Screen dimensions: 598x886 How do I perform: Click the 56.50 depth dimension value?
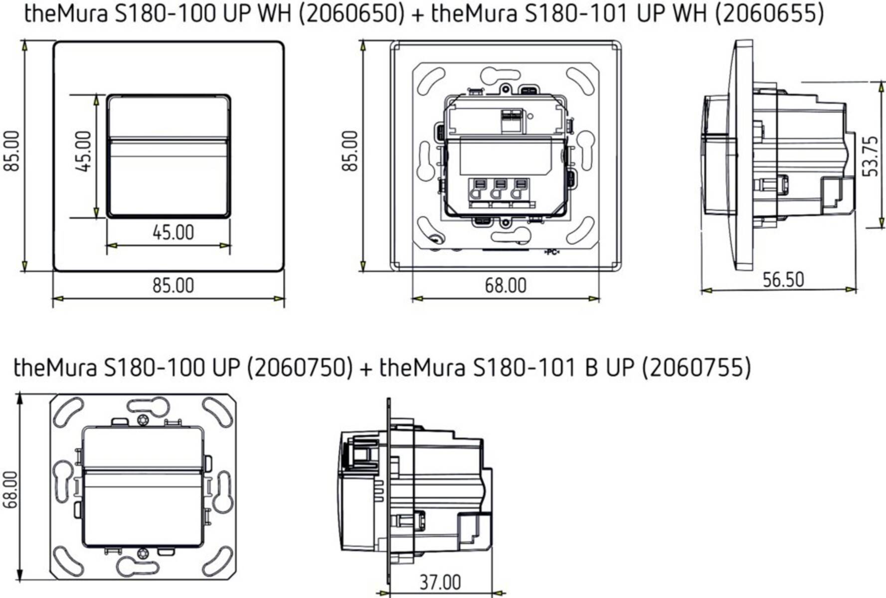click(783, 280)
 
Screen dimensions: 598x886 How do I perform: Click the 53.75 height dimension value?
click(870, 156)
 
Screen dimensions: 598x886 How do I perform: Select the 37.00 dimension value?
click(440, 582)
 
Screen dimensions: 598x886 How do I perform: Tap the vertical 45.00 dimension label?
click(84, 151)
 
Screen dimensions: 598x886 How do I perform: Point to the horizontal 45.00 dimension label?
click(173, 233)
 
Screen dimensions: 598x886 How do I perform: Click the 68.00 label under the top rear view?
click(505, 286)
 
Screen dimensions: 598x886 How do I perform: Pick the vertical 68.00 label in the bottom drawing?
click(10, 490)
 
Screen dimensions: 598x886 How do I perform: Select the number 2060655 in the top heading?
click(769, 13)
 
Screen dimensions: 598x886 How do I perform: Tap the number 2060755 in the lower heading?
click(696, 368)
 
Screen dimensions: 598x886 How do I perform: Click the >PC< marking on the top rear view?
click(551, 252)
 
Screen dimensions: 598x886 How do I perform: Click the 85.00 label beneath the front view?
click(173, 286)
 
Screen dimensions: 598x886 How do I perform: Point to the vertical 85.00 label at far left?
click(11, 151)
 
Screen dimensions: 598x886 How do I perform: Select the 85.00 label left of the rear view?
click(350, 151)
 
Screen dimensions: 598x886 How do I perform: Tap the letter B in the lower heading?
click(591, 368)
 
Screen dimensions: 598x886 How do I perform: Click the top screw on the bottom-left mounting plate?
click(143, 420)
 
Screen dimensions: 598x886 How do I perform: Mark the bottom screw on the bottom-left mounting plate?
click(143, 553)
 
